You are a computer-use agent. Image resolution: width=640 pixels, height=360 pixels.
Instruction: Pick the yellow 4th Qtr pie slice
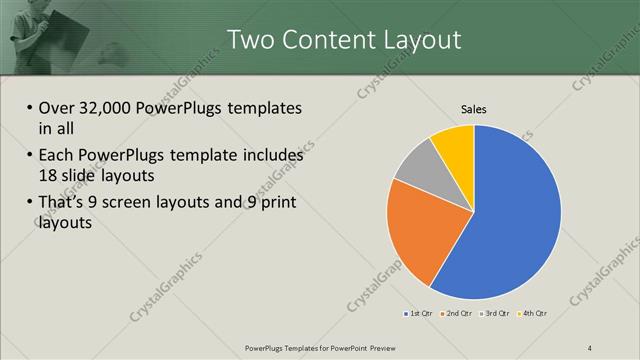point(455,141)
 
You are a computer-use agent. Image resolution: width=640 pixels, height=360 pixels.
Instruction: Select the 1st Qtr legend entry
point(417,313)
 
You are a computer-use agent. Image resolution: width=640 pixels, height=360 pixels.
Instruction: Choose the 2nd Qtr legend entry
point(457,313)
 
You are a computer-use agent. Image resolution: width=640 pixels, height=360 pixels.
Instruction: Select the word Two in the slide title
point(250,40)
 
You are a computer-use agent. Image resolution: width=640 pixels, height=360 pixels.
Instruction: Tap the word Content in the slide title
point(322,40)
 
